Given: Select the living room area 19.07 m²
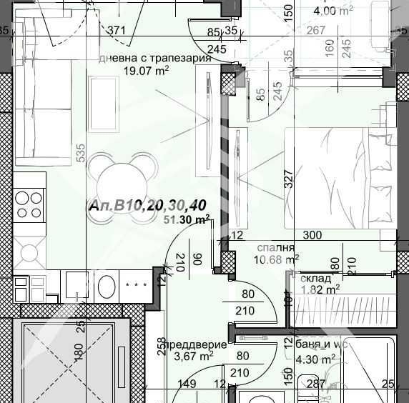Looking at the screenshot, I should click(146, 71).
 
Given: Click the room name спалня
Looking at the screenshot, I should click(275, 247).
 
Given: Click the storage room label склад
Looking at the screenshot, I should click(315, 278).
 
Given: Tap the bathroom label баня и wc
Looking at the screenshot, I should click(320, 344).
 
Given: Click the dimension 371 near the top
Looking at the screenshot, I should click(116, 29).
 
